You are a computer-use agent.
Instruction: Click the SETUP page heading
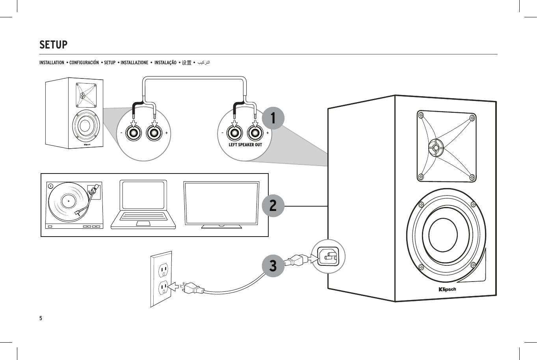[54, 45]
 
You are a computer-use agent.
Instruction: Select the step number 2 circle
[273, 205]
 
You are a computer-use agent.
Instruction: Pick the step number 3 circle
[273, 265]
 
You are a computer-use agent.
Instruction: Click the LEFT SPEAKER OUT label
[245, 145]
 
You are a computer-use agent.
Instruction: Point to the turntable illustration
[74, 205]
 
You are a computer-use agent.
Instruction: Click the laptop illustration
[143, 205]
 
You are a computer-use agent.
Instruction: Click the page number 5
[41, 318]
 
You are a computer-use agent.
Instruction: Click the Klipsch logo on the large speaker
[447, 289]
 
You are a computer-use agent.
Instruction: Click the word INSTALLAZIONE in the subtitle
[134, 63]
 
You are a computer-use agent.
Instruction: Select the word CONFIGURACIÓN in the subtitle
[84, 63]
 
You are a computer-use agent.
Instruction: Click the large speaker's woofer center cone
[443, 235]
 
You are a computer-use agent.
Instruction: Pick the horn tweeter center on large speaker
[435, 148]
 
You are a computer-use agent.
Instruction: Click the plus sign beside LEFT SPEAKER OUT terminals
[268, 133]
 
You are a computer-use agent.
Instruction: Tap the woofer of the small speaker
[85, 126]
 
